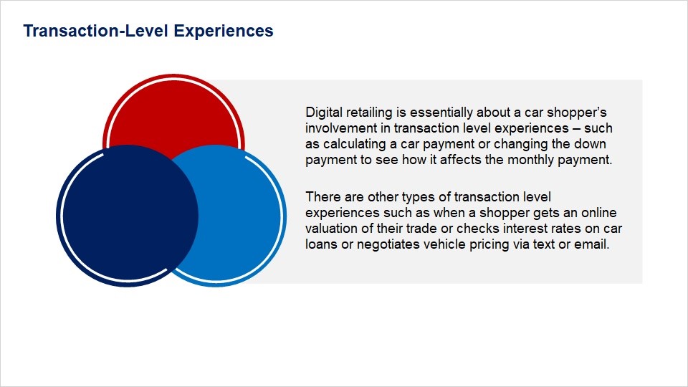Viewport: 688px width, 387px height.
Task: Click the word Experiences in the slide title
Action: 224,32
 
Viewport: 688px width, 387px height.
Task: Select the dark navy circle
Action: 128,216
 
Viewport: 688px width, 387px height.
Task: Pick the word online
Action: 599,213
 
